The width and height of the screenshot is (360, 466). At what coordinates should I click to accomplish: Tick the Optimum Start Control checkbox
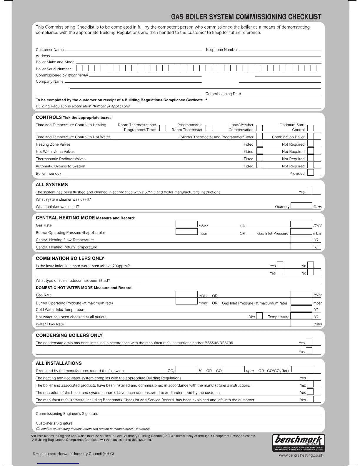pyautogui.click(x=310, y=128)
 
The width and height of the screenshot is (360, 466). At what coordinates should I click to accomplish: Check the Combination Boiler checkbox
pyautogui.click(x=310, y=136)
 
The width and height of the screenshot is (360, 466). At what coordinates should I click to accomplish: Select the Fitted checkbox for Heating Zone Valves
pyautogui.click(x=259, y=144)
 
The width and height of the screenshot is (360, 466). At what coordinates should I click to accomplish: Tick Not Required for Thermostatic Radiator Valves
pyautogui.click(x=310, y=158)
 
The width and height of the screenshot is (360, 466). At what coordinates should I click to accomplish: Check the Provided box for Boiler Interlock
pyautogui.click(x=310, y=173)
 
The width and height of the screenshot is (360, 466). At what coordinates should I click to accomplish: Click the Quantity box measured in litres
pyautogui.click(x=301, y=206)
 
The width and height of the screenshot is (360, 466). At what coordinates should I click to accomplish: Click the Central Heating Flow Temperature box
pyautogui.click(x=301, y=239)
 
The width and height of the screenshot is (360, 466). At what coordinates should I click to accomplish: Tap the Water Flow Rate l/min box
pyautogui.click(x=301, y=323)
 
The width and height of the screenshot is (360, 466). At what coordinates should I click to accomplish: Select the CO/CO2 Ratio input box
pyautogui.click(x=302, y=369)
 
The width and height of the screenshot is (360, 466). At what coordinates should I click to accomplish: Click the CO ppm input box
pyautogui.click(x=234, y=369)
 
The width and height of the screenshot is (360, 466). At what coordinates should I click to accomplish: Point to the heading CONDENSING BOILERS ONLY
pyautogui.click(x=69, y=335)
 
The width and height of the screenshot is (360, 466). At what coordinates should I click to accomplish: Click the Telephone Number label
pyautogui.click(x=221, y=50)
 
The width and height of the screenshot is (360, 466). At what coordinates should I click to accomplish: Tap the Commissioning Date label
pyautogui.click(x=223, y=94)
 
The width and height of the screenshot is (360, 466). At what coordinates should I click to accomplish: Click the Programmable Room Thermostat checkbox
pyautogui.click(x=209, y=128)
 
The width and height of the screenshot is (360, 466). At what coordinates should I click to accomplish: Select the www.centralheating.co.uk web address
pyautogui.click(x=301, y=455)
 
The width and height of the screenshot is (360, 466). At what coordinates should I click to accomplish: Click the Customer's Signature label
pyautogui.click(x=54, y=423)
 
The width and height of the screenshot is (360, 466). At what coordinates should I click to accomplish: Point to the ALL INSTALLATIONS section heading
pyautogui.click(x=59, y=363)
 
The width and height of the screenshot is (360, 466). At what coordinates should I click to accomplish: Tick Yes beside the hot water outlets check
pyautogui.click(x=259, y=316)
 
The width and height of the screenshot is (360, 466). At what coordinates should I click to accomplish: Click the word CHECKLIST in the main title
pyautogui.click(x=305, y=17)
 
